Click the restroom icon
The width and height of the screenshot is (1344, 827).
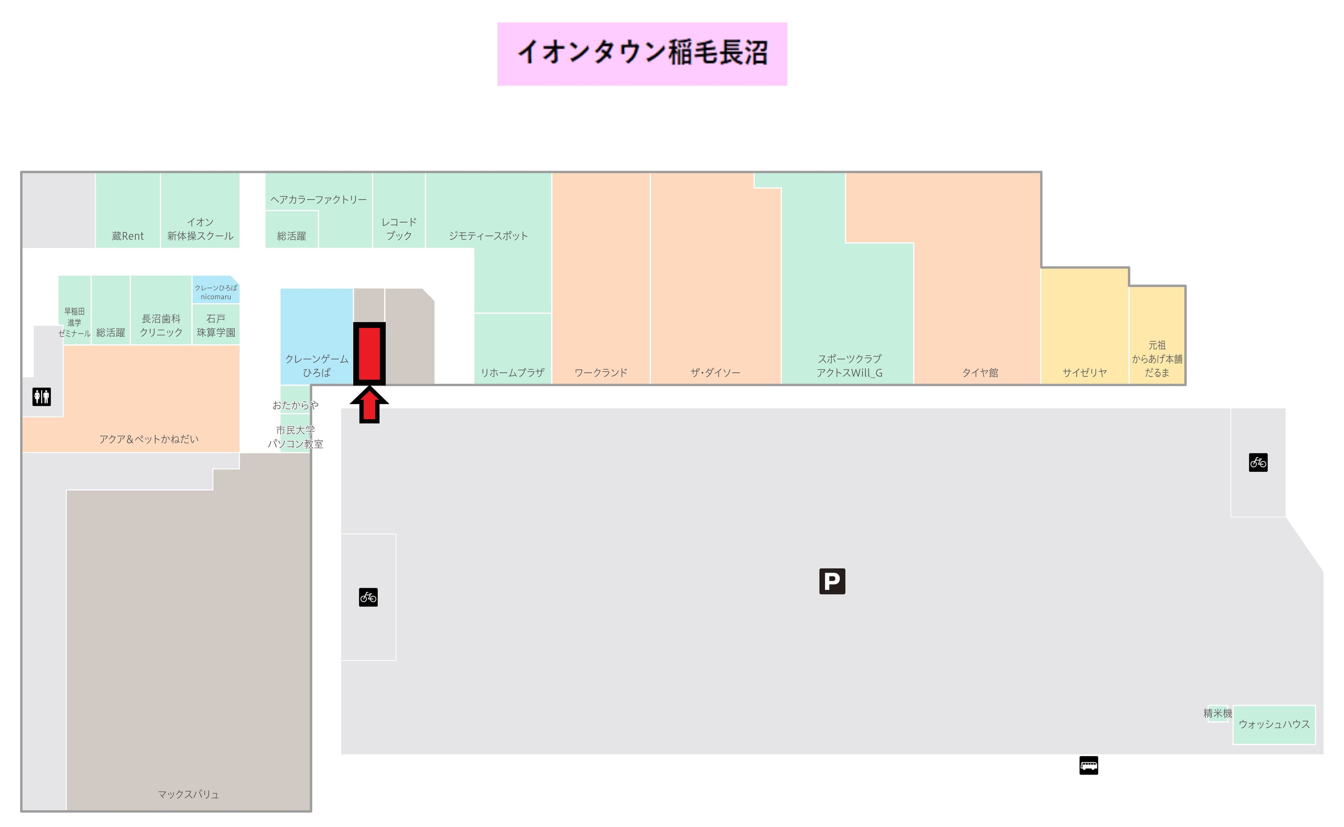click(x=42, y=397)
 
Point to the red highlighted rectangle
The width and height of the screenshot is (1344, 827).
click(x=369, y=353)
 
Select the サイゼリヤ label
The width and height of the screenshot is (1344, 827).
click(x=1084, y=373)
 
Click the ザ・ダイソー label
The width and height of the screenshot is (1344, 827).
click(x=715, y=373)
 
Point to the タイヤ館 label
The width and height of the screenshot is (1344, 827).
click(x=980, y=373)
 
